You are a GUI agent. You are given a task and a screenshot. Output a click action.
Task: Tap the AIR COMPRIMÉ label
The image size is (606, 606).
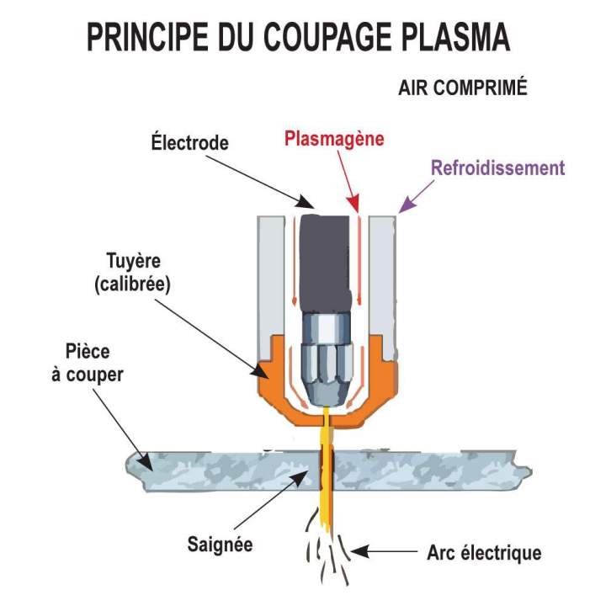[x=462, y=88]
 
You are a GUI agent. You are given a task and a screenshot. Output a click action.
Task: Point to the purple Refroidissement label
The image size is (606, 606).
[x=497, y=167]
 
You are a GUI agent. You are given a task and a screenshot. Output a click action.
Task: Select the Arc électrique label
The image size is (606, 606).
[x=484, y=553]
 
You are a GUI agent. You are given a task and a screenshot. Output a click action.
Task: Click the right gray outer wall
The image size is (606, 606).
[x=383, y=269]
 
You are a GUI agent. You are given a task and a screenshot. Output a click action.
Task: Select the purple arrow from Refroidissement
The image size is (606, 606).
[x=417, y=196]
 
